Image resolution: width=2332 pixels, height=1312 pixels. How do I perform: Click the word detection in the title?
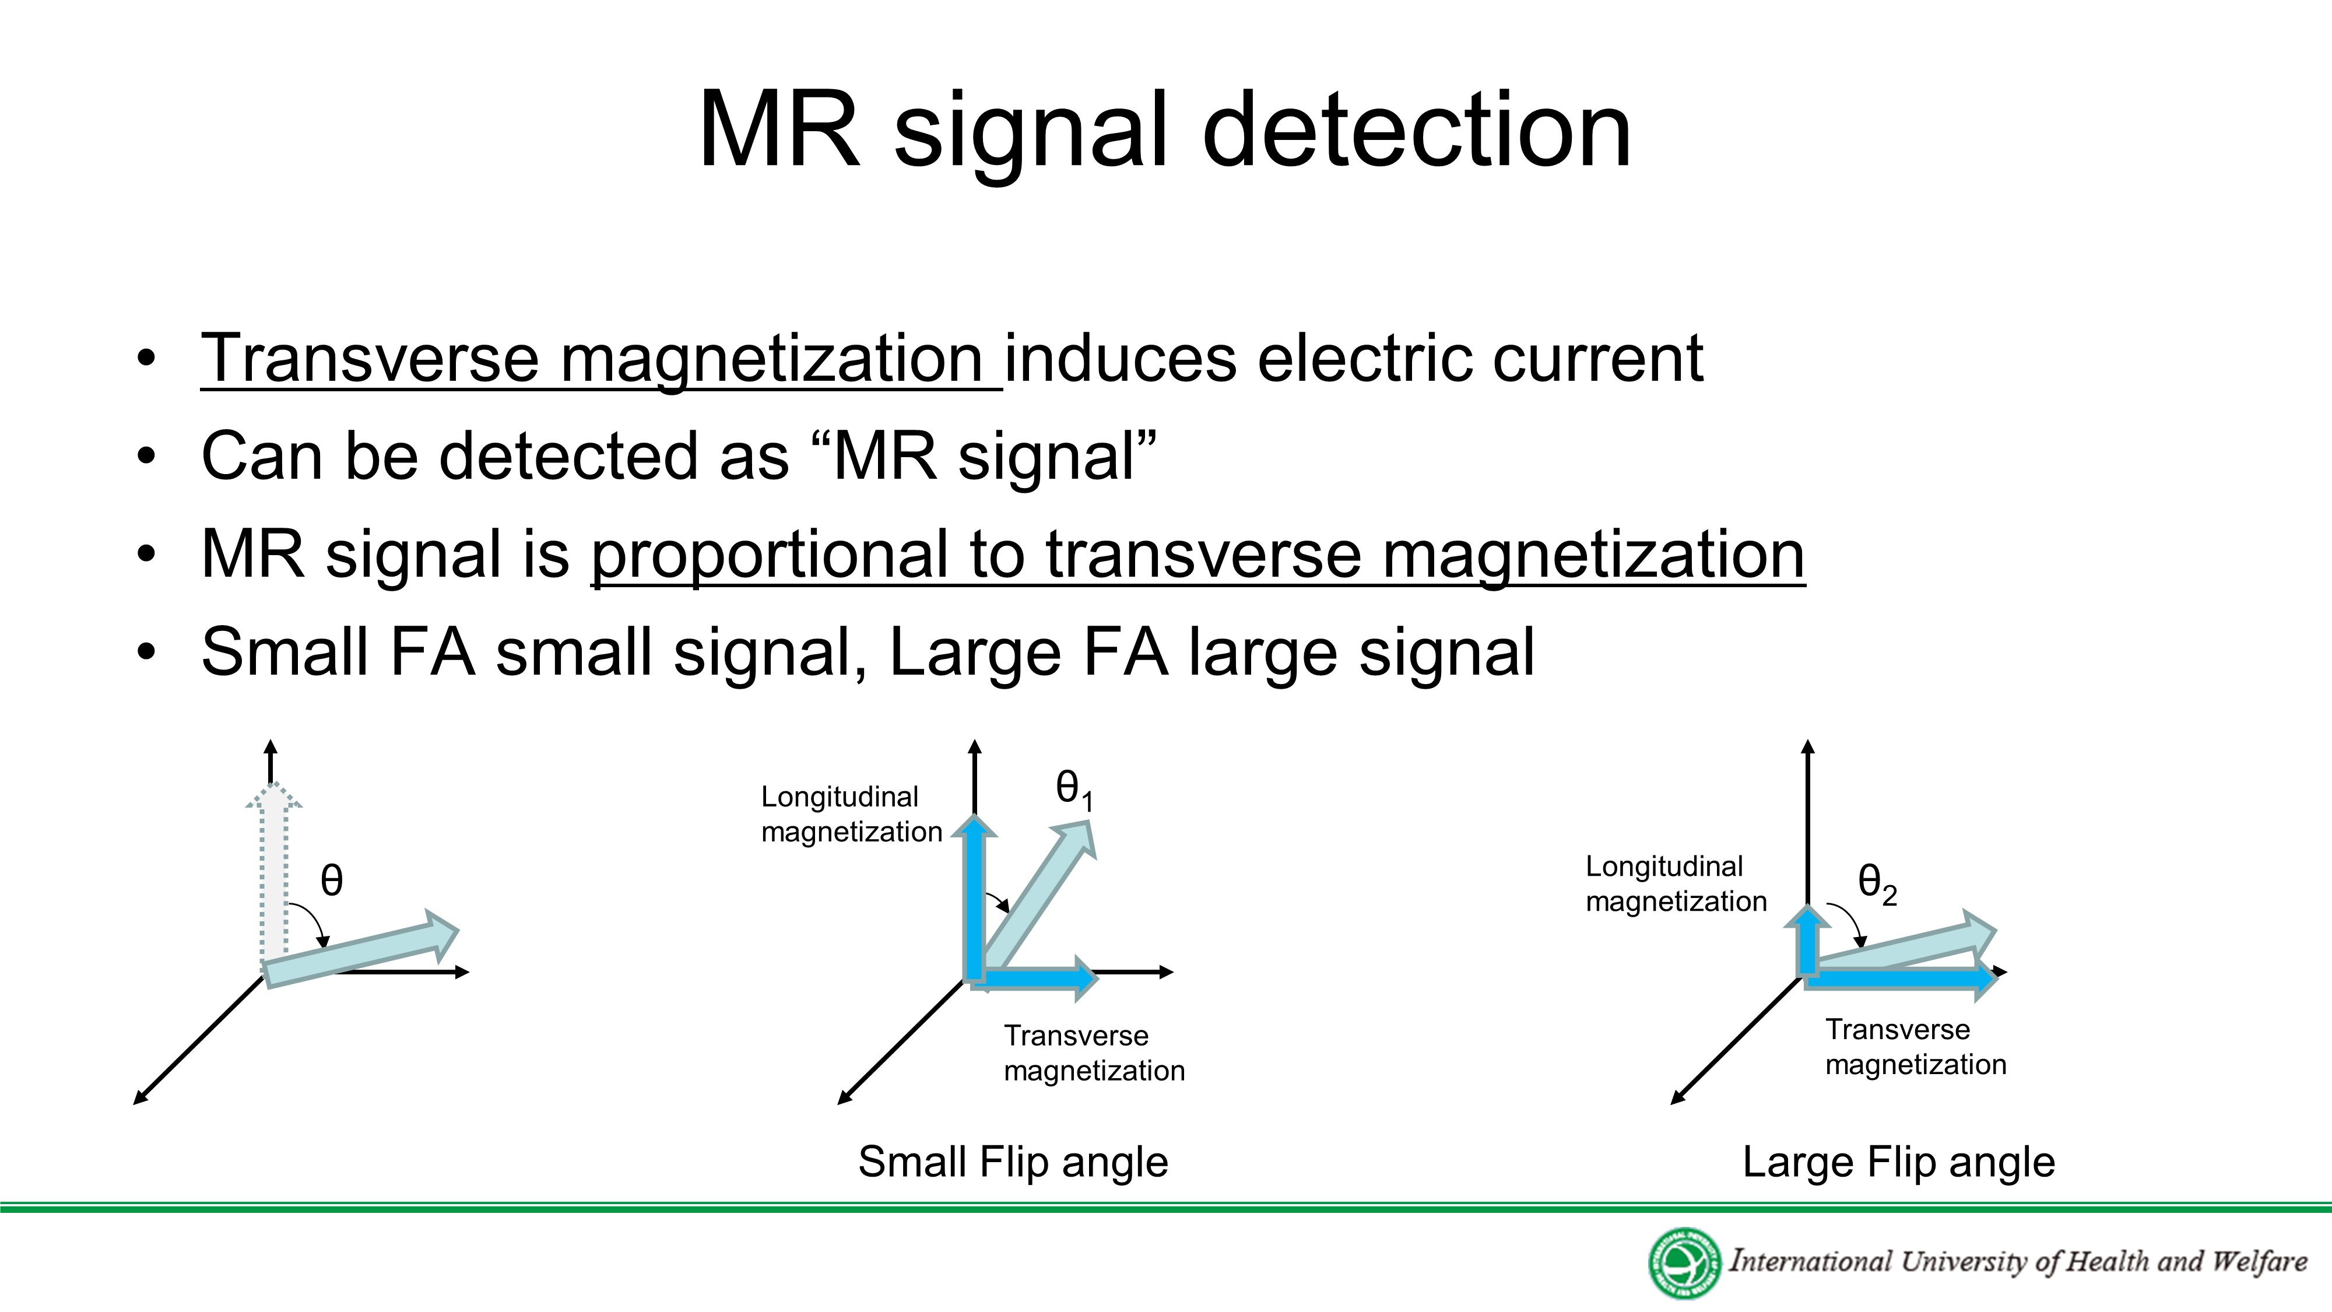pyautogui.click(x=1416, y=131)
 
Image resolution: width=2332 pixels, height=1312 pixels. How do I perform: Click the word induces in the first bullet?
pyautogui.click(x=1120, y=359)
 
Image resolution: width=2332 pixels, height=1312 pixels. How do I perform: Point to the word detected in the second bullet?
pyautogui.click(x=568, y=457)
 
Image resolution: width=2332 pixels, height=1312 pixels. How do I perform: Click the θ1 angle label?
pyautogui.click(x=1074, y=790)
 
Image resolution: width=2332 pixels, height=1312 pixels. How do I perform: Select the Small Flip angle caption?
pyautogui.click(x=1013, y=1162)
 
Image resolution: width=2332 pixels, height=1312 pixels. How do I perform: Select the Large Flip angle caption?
pyautogui.click(x=1898, y=1162)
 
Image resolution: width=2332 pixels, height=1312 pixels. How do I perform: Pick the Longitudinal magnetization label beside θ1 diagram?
pyautogui.click(x=851, y=814)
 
